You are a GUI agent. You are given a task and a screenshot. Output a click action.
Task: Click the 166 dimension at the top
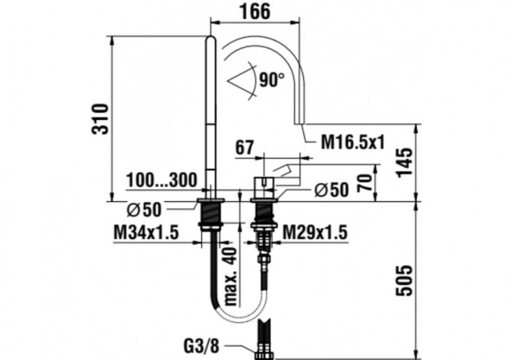click(x=255, y=12)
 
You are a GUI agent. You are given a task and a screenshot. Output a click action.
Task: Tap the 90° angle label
click(x=271, y=80)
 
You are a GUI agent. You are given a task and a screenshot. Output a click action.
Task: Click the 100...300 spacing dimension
click(x=162, y=180)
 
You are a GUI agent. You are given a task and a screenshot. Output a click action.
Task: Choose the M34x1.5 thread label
click(x=145, y=232)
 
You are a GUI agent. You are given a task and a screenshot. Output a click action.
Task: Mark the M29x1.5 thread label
click(x=315, y=232)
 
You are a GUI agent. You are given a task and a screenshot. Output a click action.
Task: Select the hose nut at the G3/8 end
click(x=264, y=353)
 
